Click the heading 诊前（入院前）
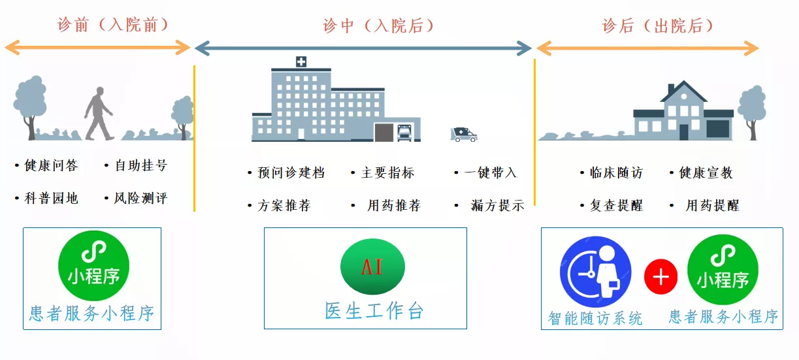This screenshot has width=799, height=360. coord(113,25)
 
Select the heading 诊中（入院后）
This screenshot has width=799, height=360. coord(378,25)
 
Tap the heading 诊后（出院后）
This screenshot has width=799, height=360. coord(657,25)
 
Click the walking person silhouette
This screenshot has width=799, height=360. coord(99,114)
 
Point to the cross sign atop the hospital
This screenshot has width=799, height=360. coord(301,61)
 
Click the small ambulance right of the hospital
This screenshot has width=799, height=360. coord(464,135)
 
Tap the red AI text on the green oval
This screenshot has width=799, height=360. coord(372,267)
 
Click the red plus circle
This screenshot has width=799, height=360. coord(660,276)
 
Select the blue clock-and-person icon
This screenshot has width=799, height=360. coord(595,272)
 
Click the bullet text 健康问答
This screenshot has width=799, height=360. coord(51,165)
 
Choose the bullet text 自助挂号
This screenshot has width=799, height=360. coord(141,165)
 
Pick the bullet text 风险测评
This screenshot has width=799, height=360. coord(141,199)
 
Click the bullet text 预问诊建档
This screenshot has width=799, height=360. coord(291,173)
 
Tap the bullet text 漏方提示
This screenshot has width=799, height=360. coord(498,206)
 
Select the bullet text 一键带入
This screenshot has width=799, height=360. coord(491,173)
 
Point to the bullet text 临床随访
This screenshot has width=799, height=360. coord(616,173)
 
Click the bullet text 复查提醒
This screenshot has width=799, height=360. coord(616,206)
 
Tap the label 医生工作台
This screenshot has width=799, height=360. coord(374,311)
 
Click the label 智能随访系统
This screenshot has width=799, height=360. coord(595,318)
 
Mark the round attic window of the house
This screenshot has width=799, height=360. coord(683,96)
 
